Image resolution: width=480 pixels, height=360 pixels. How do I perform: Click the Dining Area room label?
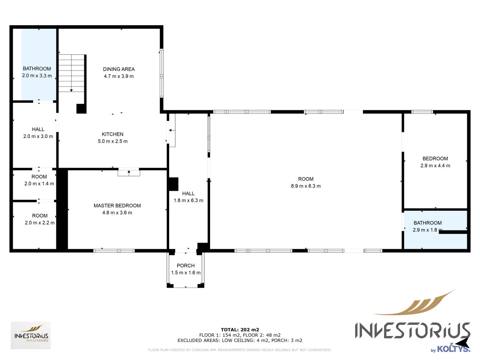pyautogui.click(x=119, y=69)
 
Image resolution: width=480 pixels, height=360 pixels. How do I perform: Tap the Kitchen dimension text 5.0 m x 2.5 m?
pyautogui.click(x=113, y=141)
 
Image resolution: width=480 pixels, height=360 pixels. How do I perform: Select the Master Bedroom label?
pyautogui.click(x=117, y=206)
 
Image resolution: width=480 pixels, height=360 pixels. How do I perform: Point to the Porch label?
pyautogui.click(x=186, y=266)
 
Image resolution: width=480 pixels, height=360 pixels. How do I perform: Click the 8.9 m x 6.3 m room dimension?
pyautogui.click(x=306, y=186)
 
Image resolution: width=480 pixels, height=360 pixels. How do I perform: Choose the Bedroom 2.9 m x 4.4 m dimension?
pyautogui.click(x=435, y=166)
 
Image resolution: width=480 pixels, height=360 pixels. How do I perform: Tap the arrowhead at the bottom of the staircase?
pyautogui.click(x=71, y=90)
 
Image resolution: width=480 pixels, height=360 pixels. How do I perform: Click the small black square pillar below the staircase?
pyautogui.click(x=81, y=109)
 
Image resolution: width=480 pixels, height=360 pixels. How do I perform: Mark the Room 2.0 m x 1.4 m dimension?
pyautogui.click(x=39, y=184)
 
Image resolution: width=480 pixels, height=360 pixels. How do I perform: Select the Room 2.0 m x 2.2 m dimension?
pyautogui.click(x=40, y=223)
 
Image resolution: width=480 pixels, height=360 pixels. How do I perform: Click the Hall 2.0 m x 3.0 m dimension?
pyautogui.click(x=38, y=136)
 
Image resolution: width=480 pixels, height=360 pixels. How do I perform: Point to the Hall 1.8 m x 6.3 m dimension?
pyautogui.click(x=188, y=200)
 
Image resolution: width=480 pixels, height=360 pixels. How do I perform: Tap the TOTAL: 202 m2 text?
pyautogui.click(x=240, y=330)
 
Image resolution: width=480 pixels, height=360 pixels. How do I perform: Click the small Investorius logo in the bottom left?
pyautogui.click(x=31, y=335)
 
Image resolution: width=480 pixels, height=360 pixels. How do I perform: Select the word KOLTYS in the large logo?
pyautogui.click(x=454, y=349)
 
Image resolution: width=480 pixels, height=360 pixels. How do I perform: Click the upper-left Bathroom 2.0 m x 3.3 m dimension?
pyautogui.click(x=37, y=76)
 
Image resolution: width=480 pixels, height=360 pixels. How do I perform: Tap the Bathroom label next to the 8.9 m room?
pyautogui.click(x=428, y=223)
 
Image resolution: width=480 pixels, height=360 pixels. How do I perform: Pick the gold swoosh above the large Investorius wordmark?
pyautogui.click(x=416, y=304)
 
